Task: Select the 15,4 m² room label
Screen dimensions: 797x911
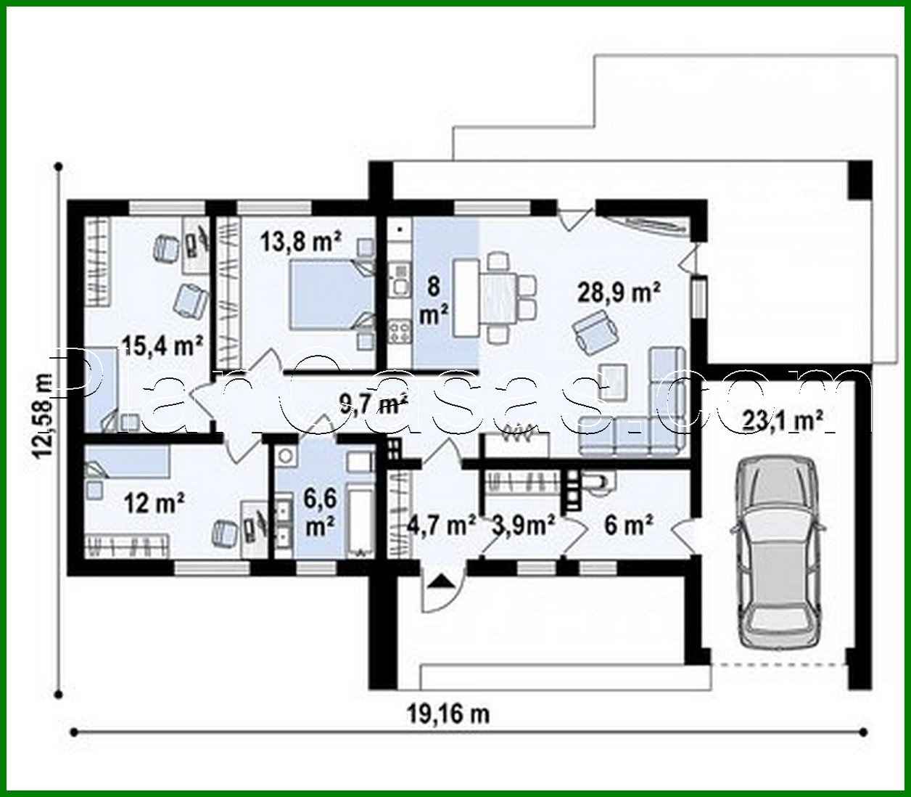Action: (x=161, y=346)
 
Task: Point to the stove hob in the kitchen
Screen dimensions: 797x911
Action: (x=399, y=331)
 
